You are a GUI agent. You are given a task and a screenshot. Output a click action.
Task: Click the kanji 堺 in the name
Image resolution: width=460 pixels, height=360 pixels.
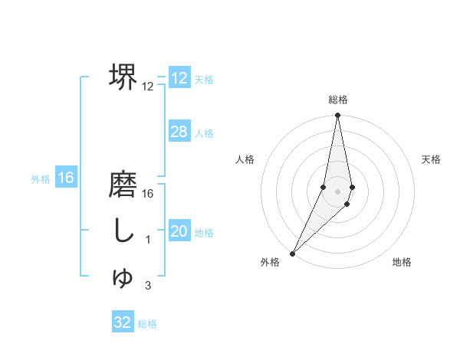click(x=123, y=77)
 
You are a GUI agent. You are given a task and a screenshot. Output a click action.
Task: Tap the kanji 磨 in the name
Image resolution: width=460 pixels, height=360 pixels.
click(x=123, y=187)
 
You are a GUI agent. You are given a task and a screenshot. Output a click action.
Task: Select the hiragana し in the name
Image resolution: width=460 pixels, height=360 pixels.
click(x=123, y=231)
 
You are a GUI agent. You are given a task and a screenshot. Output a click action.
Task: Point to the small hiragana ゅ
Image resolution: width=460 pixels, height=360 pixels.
click(x=123, y=278)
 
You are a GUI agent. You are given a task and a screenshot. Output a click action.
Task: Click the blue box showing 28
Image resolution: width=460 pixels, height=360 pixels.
click(x=179, y=132)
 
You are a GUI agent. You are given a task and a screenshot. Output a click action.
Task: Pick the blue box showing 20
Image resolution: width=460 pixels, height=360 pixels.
click(x=179, y=232)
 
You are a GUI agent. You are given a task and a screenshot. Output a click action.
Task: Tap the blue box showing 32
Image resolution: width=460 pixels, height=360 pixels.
click(x=123, y=322)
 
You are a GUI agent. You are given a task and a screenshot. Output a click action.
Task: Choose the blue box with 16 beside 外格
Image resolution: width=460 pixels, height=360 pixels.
click(x=66, y=178)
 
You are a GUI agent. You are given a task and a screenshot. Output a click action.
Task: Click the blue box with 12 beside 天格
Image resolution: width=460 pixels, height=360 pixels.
click(x=179, y=78)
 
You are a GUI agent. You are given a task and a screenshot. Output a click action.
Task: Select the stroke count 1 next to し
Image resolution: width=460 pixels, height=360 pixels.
click(x=148, y=241)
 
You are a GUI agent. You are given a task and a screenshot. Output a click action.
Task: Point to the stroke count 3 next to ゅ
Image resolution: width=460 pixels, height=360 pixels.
click(x=148, y=286)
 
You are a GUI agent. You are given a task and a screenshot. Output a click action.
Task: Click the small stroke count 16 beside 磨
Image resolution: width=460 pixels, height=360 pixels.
click(x=148, y=194)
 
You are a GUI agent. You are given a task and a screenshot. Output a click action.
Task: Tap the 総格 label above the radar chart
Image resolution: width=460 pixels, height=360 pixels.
click(x=338, y=100)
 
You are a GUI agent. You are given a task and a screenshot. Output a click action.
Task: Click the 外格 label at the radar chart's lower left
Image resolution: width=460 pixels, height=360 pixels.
click(x=270, y=262)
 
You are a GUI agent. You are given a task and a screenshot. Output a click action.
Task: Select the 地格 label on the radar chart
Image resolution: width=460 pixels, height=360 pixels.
click(x=402, y=262)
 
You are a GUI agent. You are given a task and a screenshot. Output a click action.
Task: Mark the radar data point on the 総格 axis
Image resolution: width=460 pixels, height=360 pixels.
click(x=338, y=116)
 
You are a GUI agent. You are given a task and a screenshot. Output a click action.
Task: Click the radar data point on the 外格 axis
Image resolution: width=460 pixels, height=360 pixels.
click(x=293, y=253)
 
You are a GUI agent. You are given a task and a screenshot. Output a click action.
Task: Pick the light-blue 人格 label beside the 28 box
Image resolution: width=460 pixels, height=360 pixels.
click(x=204, y=133)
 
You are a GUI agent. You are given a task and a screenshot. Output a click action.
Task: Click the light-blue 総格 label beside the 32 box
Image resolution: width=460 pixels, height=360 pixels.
click(x=147, y=323)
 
